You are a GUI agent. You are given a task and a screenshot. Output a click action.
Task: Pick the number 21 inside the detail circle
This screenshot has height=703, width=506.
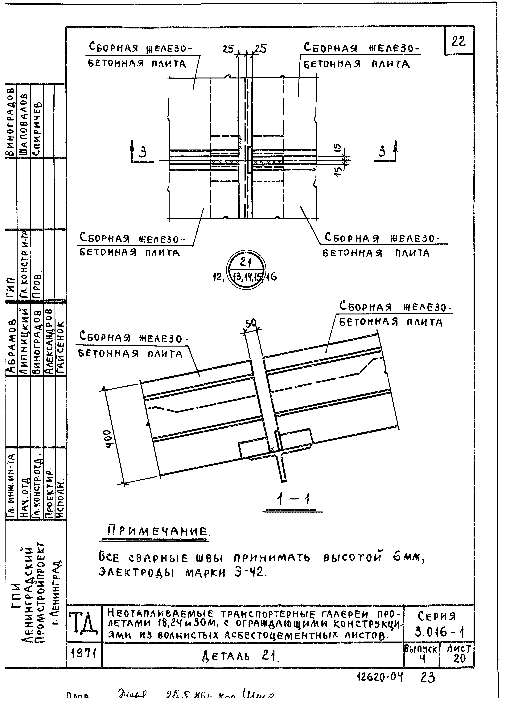[246, 263]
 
